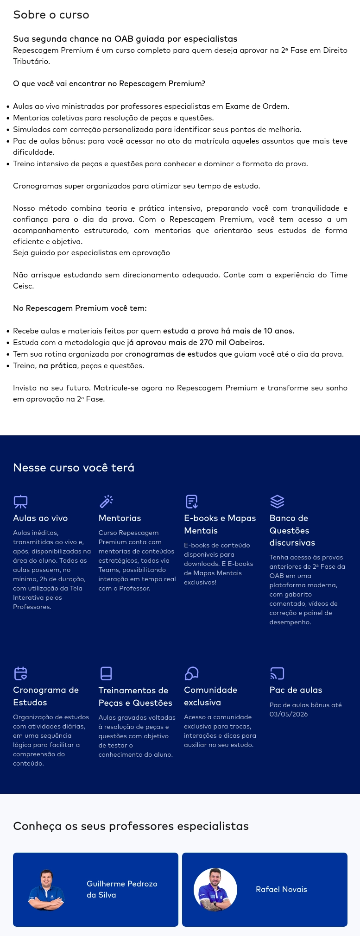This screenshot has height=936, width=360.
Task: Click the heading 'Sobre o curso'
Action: coord(51,15)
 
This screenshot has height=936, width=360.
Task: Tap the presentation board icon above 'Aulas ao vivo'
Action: coord(20,502)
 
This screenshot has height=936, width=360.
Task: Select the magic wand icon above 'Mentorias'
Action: coord(106,502)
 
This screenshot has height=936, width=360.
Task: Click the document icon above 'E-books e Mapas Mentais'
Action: coord(191,502)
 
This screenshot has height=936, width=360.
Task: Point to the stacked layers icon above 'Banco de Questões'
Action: coord(277,502)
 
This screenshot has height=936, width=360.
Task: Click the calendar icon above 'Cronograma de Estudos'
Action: coord(20,673)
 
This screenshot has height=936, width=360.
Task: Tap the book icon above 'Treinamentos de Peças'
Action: coord(106,673)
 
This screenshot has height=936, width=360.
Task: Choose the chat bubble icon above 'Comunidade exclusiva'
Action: coord(191,673)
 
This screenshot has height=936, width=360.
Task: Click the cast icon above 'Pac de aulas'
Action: coord(277,673)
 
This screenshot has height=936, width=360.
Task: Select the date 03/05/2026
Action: coord(289,714)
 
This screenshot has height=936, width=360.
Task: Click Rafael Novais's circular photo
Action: coord(215,890)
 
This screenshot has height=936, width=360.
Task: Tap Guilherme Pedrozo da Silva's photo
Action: coord(46,890)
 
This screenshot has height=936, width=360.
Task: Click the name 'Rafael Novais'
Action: coord(281,889)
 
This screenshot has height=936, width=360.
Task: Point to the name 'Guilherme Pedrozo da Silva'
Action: coord(122,889)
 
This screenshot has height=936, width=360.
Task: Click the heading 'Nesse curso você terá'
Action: coord(74,468)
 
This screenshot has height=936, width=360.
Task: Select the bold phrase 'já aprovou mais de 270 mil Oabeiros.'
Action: coord(196,343)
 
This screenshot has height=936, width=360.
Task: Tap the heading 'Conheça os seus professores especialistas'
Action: coord(131,826)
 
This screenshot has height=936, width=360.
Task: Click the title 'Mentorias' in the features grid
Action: coord(120,518)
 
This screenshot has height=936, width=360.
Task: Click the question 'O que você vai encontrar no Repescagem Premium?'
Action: coord(109,84)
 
